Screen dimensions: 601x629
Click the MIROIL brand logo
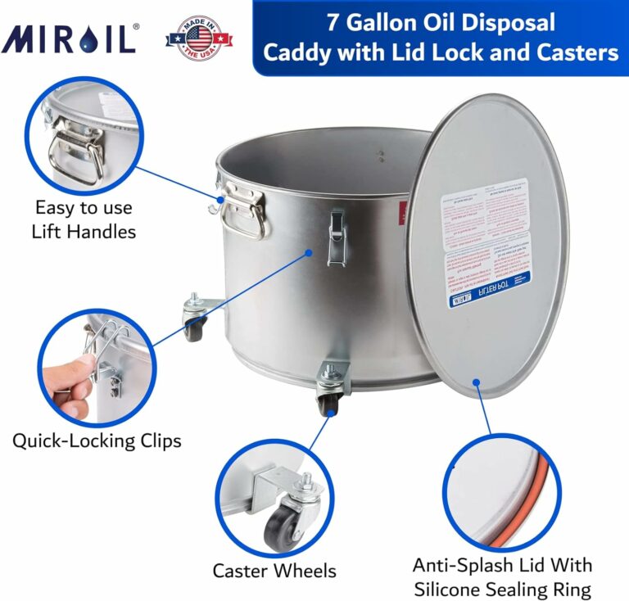pos(70,38)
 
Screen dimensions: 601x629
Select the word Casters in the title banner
pos(575,53)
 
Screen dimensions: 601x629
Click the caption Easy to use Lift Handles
pos(83,219)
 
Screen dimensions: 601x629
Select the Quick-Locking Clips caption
pos(97,441)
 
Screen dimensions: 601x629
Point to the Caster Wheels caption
pos(274,571)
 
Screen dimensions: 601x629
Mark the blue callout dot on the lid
pos(476,382)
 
